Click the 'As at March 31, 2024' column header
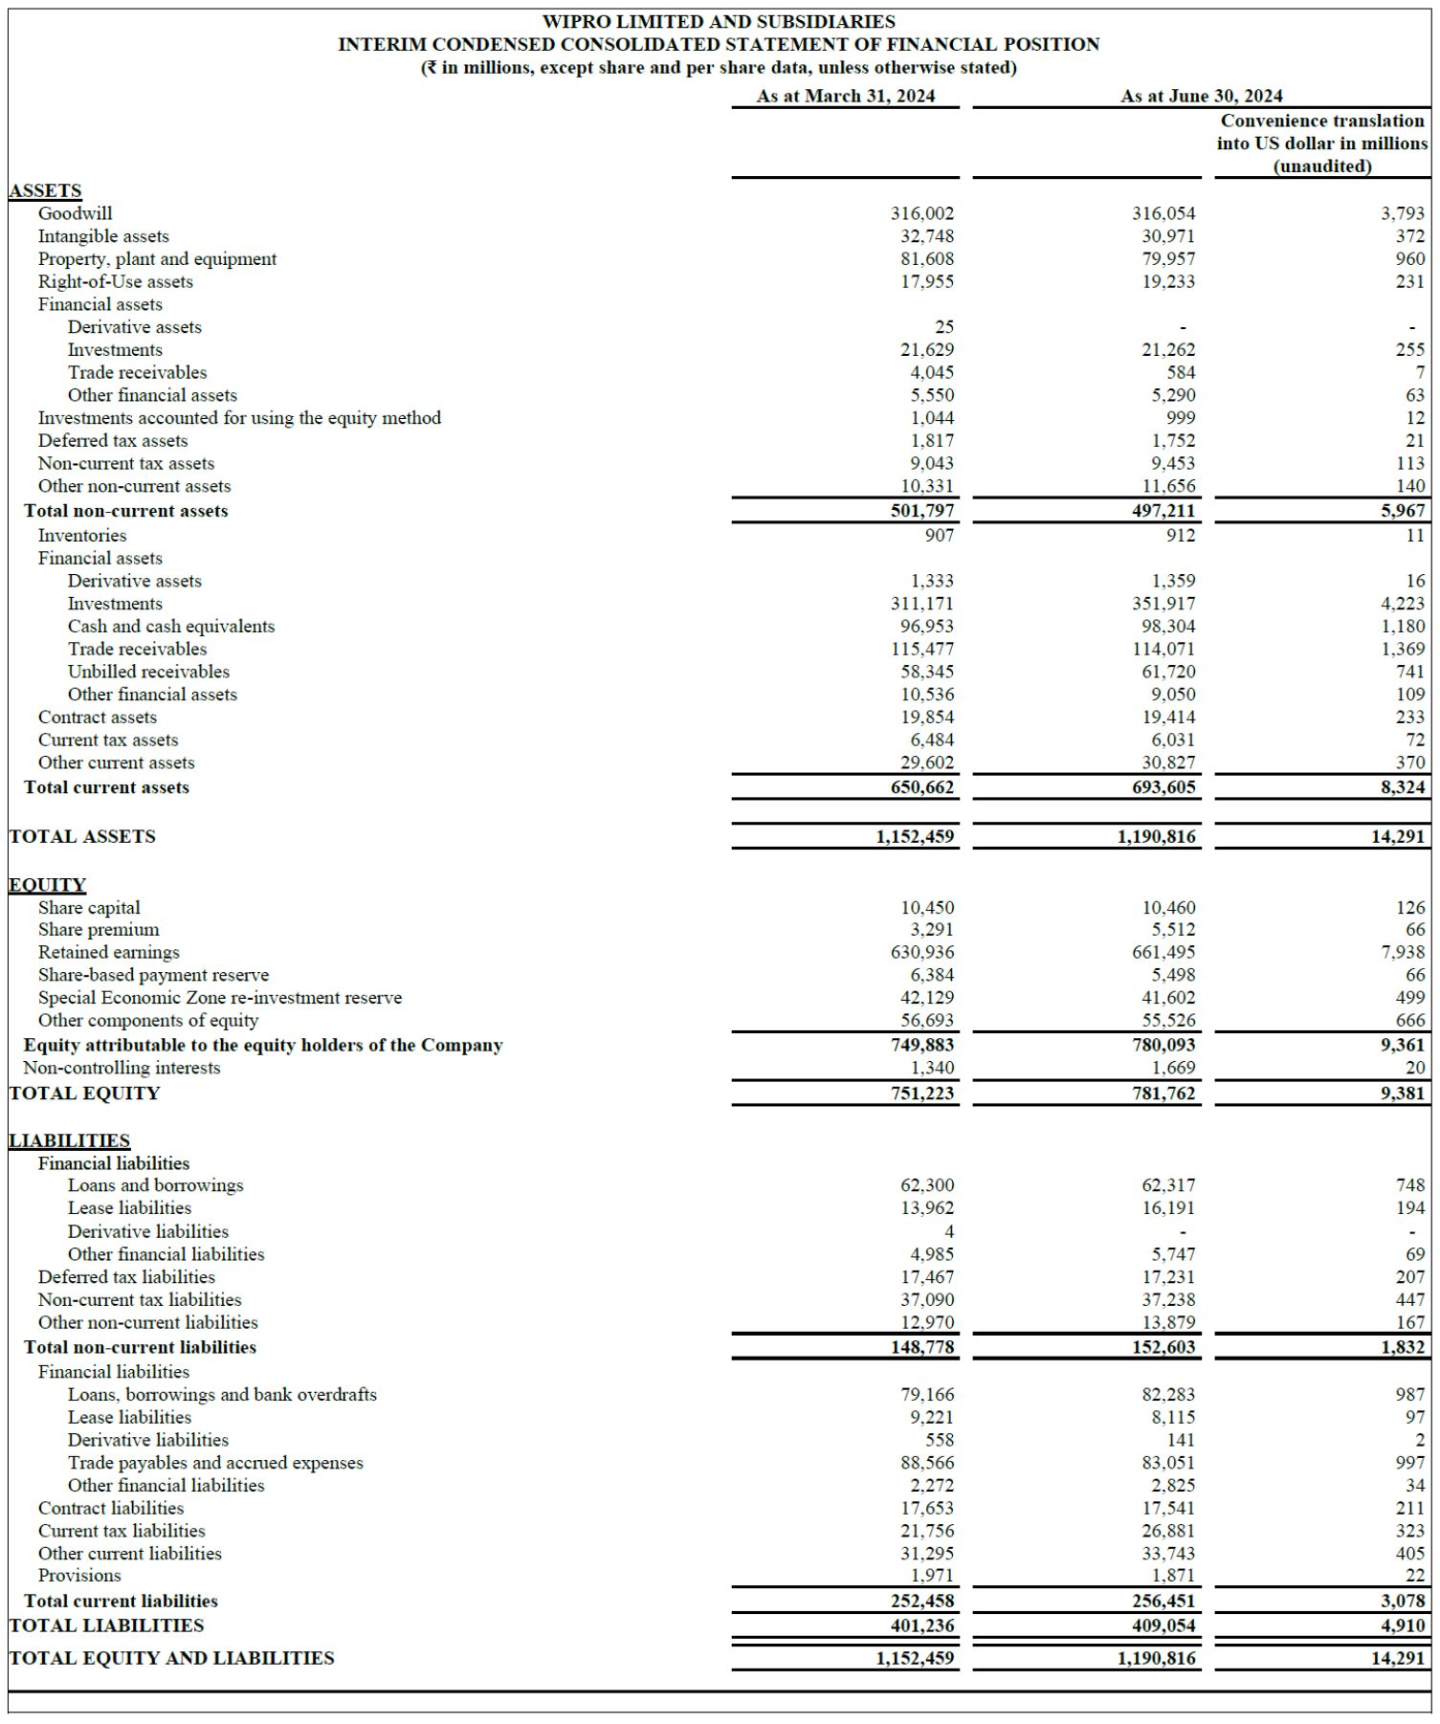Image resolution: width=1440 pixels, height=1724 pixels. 845,96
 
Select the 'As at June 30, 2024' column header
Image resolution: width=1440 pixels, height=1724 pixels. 1201,96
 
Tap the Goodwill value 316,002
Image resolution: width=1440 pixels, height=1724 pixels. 921,213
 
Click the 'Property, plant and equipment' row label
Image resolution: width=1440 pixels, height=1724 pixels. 157,259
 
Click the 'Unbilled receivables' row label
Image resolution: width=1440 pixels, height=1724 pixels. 148,672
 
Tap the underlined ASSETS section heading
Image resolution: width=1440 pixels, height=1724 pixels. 45,190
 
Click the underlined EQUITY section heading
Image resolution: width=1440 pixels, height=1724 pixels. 47,885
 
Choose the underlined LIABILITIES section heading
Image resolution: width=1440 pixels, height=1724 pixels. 69,1140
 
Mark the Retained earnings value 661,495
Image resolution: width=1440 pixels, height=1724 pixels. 1163,952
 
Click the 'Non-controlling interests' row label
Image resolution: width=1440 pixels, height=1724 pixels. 122,1068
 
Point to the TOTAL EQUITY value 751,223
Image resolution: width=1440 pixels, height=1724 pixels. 921,1094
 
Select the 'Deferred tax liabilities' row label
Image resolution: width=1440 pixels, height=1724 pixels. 126,1277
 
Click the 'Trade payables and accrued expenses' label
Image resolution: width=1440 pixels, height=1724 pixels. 215,1463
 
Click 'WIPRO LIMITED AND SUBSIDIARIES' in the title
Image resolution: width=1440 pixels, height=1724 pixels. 719,21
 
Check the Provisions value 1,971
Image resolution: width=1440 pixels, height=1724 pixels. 931,1576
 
